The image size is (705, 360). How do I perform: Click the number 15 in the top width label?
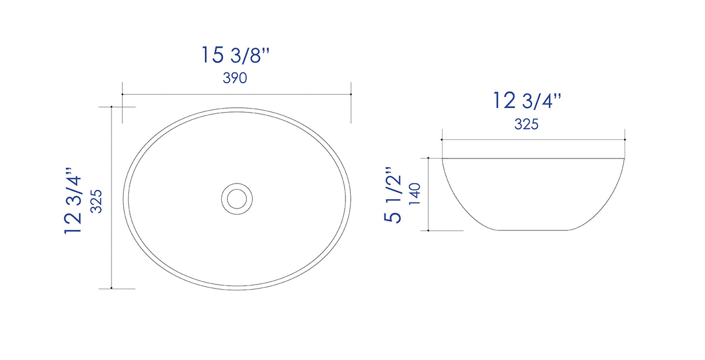(213, 55)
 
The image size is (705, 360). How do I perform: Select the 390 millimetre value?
(235, 78)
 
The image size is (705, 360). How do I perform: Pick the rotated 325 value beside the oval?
(98, 201)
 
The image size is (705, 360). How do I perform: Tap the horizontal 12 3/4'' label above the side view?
(527, 101)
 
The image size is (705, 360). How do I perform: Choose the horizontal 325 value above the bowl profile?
(527, 124)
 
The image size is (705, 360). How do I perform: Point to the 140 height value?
(414, 195)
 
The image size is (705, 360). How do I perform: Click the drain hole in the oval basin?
(237, 198)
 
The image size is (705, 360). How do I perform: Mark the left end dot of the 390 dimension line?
(123, 94)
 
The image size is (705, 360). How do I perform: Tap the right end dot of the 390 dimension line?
(351, 94)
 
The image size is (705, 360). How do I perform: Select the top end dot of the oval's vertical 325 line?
(111, 107)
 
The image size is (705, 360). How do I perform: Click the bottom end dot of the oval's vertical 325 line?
(111, 289)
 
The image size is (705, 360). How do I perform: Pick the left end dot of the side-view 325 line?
(442, 140)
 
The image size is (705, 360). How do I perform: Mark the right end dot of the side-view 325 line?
(624, 140)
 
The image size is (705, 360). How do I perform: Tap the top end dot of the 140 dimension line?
(428, 157)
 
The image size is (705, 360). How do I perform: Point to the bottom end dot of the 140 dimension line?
(428, 231)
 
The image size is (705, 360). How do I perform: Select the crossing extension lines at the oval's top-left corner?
(123, 107)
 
